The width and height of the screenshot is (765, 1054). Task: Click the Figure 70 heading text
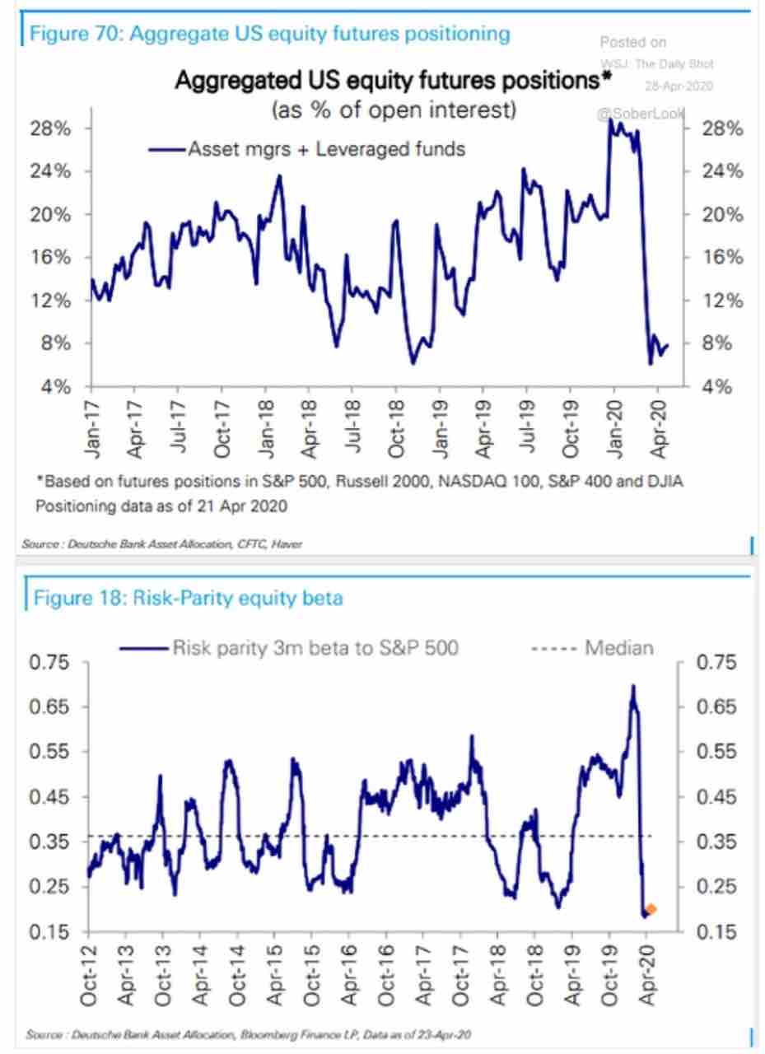[x=269, y=35]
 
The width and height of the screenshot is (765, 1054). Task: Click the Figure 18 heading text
[x=187, y=599]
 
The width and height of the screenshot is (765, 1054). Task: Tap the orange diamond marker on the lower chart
[x=651, y=909]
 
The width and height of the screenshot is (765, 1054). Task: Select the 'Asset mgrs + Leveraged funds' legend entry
[x=306, y=149]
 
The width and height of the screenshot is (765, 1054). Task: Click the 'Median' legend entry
[x=618, y=648]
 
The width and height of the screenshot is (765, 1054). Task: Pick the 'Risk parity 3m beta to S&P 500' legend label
[x=315, y=648]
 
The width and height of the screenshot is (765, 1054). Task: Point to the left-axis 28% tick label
[x=51, y=129]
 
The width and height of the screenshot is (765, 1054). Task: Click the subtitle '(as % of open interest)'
[x=393, y=110]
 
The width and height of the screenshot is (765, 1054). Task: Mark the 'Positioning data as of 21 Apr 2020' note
[x=161, y=506]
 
